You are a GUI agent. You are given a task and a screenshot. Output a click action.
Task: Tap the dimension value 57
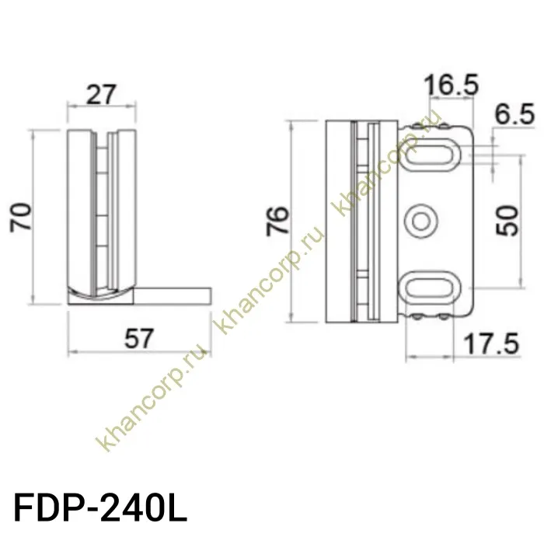point(137,339)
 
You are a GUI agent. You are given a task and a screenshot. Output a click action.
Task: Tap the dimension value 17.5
point(490,343)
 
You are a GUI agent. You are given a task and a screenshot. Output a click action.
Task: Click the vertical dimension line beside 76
point(290,221)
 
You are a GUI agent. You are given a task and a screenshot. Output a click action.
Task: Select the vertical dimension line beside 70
point(35,217)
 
